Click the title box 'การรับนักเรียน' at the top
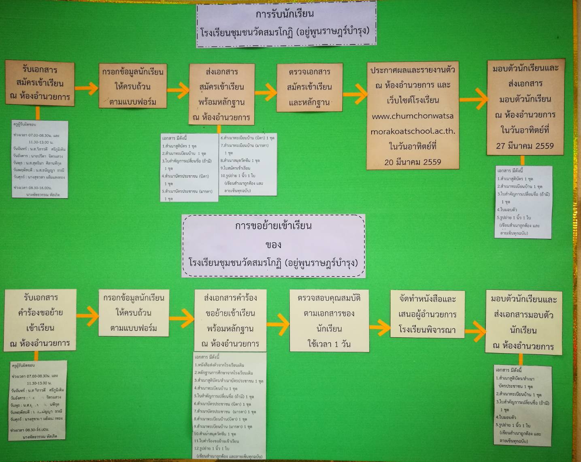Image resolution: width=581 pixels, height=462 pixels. coord(286,23)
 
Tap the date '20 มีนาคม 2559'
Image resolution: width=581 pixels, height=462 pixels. coord(413,162)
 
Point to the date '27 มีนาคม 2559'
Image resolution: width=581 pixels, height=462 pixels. coord(525,146)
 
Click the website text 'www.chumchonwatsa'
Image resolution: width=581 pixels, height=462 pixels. coord(413,116)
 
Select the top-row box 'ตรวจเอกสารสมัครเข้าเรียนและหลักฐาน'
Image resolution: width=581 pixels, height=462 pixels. coord(310,87)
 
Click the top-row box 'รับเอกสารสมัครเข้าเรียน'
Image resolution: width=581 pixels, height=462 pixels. coord(40,83)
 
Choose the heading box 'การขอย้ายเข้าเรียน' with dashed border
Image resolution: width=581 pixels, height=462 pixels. coord(273,245)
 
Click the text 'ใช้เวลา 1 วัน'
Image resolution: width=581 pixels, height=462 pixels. coord(329,344)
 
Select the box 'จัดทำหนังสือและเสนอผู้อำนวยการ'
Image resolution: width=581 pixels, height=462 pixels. coord(427,314)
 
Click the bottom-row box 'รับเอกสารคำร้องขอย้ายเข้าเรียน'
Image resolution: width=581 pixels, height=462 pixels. coord(40,320)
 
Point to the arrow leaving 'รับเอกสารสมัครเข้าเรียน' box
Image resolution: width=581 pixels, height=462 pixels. coord(87,88)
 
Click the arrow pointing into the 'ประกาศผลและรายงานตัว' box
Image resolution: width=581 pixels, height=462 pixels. coord(355,94)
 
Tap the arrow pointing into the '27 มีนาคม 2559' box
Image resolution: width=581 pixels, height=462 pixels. coord(473,99)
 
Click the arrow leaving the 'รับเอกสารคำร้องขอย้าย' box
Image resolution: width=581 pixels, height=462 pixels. coord(87,315)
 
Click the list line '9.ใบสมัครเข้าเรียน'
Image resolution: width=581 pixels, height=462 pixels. coord(235,168)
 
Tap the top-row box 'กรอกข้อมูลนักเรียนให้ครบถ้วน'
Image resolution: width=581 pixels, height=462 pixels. coord(133,86)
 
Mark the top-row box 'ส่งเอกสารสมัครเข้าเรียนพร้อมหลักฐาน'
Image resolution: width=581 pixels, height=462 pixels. coord(221,94)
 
